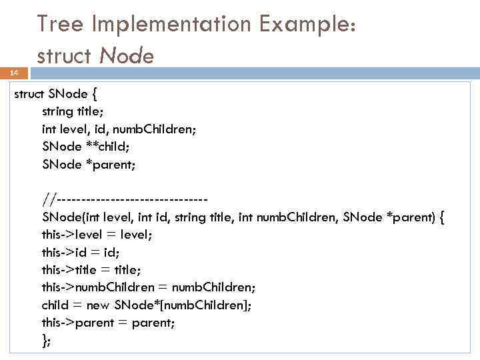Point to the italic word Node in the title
(127, 56)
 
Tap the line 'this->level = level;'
(97, 234)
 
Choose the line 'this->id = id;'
(81, 252)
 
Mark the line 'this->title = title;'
(91, 269)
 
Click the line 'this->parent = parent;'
(108, 322)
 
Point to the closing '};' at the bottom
(46, 340)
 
